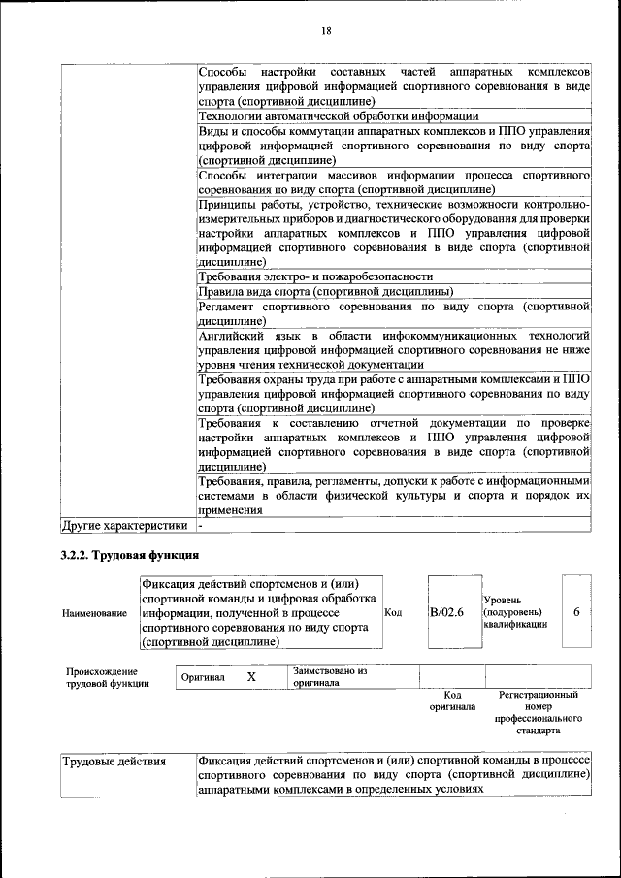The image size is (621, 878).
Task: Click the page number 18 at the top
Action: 327,31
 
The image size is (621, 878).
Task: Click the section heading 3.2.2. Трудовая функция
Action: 129,556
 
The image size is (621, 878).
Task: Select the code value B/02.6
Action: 446,612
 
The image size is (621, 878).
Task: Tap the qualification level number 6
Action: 576,612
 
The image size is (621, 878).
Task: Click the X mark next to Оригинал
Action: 250,677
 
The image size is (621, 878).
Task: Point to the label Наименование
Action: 94,613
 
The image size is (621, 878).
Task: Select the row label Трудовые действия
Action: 114,762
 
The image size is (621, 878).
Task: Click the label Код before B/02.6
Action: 393,612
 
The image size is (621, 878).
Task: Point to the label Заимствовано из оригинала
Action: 330,676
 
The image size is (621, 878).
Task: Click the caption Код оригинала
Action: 451,700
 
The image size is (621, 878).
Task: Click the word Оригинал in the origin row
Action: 203,677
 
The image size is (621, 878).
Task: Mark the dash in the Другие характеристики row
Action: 200,526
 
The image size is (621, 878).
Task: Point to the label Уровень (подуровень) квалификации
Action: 514,612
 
